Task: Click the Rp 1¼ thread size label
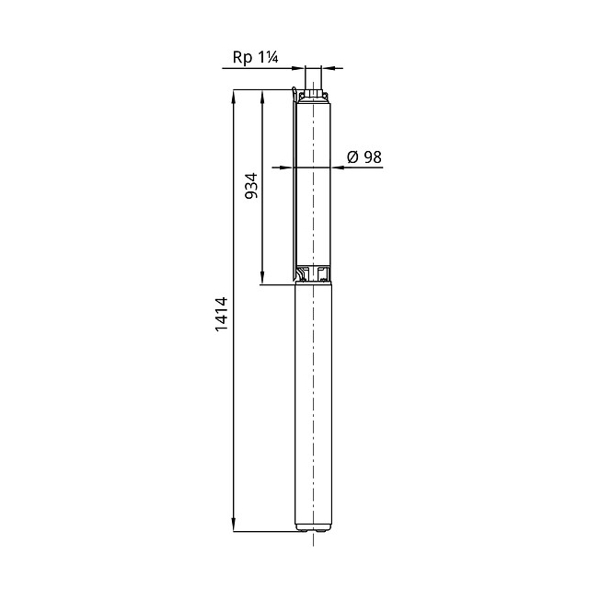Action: click(x=256, y=57)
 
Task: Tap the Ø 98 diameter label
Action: click(x=364, y=157)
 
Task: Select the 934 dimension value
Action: click(x=251, y=186)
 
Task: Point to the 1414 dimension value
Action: click(x=222, y=314)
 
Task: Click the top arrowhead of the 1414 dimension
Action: click(x=233, y=96)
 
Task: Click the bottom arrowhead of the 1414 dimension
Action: click(x=233, y=525)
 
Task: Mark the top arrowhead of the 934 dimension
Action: click(x=262, y=96)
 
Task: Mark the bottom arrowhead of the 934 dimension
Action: click(x=262, y=278)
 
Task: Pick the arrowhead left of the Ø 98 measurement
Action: click(x=287, y=167)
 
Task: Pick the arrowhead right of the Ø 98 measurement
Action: click(x=338, y=167)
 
